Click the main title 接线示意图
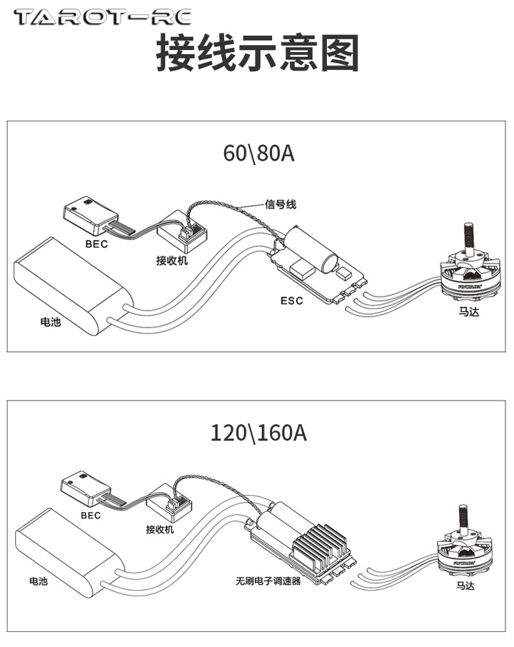point(257,53)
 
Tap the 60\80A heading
point(258,154)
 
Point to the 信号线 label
point(281,205)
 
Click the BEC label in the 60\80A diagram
point(97,244)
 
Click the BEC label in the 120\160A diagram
point(91,515)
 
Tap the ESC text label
point(291,301)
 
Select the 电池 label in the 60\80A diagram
point(51,321)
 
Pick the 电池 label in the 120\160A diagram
point(39,582)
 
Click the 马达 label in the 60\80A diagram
point(468,311)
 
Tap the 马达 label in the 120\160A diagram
point(465,586)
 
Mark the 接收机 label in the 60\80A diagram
point(171,261)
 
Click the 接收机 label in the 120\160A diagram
point(161,529)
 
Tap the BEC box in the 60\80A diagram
point(91,214)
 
